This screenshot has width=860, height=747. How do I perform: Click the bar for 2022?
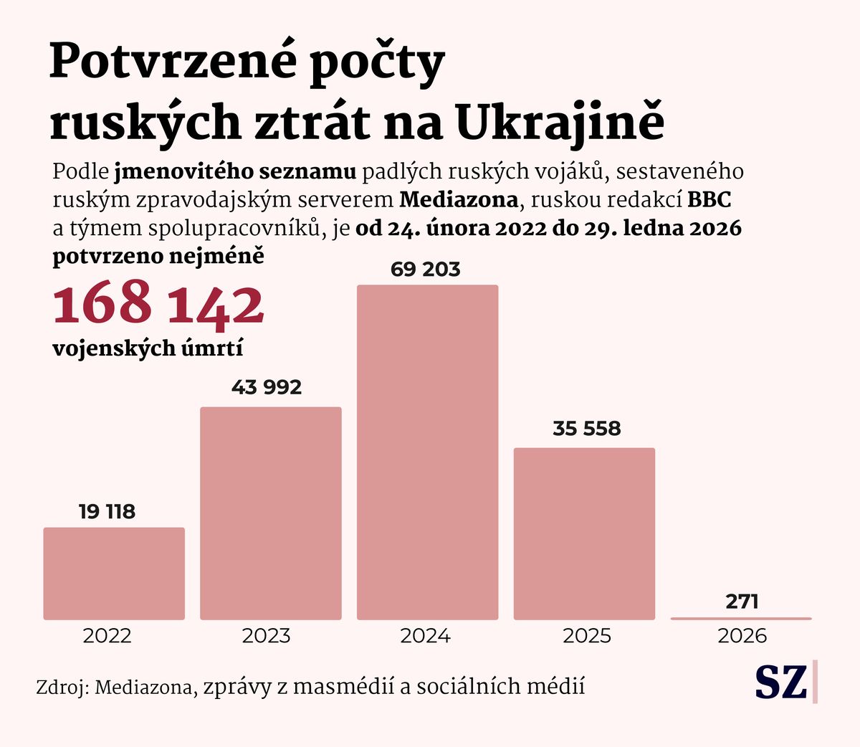(114, 574)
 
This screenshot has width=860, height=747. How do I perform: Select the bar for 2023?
(271, 513)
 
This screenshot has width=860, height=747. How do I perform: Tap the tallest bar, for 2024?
(427, 452)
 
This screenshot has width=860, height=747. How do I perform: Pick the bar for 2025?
(584, 533)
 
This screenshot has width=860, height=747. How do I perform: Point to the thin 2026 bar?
(741, 618)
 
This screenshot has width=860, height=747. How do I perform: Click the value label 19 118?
(107, 512)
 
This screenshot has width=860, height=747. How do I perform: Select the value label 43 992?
(267, 387)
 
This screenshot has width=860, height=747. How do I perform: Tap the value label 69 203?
(426, 270)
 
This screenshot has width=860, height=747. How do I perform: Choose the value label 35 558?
(586, 429)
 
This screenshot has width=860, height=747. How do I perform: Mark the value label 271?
(742, 601)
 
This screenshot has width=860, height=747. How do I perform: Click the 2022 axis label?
(107, 636)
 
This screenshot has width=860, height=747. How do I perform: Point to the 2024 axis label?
(425, 636)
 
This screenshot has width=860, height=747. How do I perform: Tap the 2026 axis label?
(742, 636)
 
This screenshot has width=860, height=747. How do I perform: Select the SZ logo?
(781, 682)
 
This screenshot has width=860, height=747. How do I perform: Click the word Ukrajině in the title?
(560, 122)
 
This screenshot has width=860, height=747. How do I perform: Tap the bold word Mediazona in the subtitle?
(458, 200)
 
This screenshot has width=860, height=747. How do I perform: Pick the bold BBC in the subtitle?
(709, 200)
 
